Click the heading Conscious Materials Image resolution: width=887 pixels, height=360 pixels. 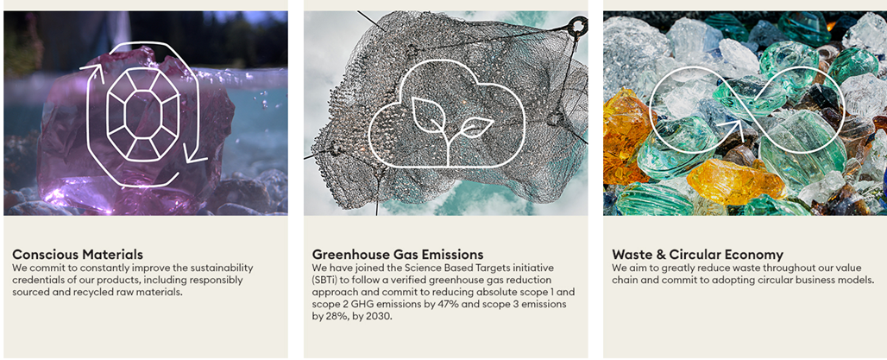click(x=78, y=254)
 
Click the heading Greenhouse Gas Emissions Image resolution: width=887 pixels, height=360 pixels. click(x=398, y=254)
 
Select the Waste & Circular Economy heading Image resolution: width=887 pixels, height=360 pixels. click(x=697, y=254)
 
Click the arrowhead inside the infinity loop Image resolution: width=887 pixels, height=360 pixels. click(x=733, y=128)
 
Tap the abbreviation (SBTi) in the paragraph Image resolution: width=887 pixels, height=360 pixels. click(x=326, y=281)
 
